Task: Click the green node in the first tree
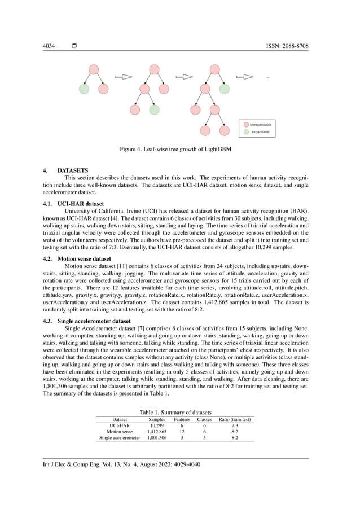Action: click(x=84, y=89)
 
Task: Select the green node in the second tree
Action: click(x=154, y=109)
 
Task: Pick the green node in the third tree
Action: click(x=224, y=89)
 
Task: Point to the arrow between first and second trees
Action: click(x=123, y=77)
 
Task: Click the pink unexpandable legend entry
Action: click(x=258, y=124)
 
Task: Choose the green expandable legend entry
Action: click(x=257, y=131)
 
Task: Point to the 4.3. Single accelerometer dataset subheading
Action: click(x=87, y=321)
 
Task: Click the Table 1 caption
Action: click(x=175, y=413)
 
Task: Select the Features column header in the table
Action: click(x=182, y=419)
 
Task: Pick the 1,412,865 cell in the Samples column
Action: click(x=156, y=432)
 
